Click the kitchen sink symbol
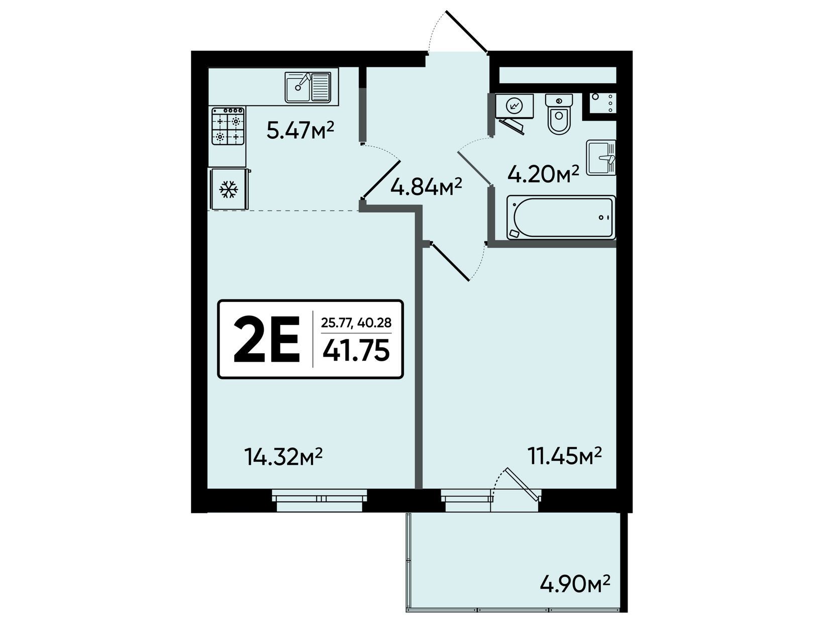(x=307, y=87)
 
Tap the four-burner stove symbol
(x=228, y=126)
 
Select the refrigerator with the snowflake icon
(x=229, y=189)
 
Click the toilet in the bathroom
(x=559, y=114)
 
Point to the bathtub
(x=561, y=218)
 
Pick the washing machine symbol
(x=514, y=106)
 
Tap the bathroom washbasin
(x=601, y=158)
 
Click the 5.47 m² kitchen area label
(x=300, y=130)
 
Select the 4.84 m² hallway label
(x=426, y=186)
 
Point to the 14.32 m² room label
(x=283, y=456)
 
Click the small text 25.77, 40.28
(x=356, y=322)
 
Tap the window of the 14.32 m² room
(x=319, y=500)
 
